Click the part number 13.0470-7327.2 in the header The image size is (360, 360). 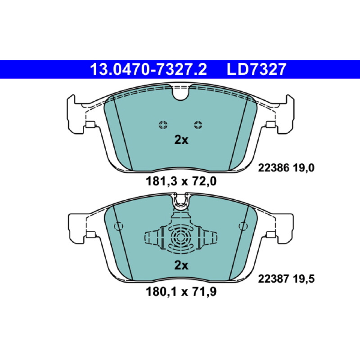click(x=148, y=69)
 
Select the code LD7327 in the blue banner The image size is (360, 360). click(x=256, y=69)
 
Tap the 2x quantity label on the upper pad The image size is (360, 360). click(x=181, y=139)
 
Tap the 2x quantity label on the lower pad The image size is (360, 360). click(x=181, y=265)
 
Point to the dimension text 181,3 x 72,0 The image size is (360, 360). click(x=181, y=181)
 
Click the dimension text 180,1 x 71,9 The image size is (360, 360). click(x=181, y=292)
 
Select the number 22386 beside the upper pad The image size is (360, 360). click(x=274, y=168)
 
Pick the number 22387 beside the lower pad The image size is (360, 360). click(x=274, y=279)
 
